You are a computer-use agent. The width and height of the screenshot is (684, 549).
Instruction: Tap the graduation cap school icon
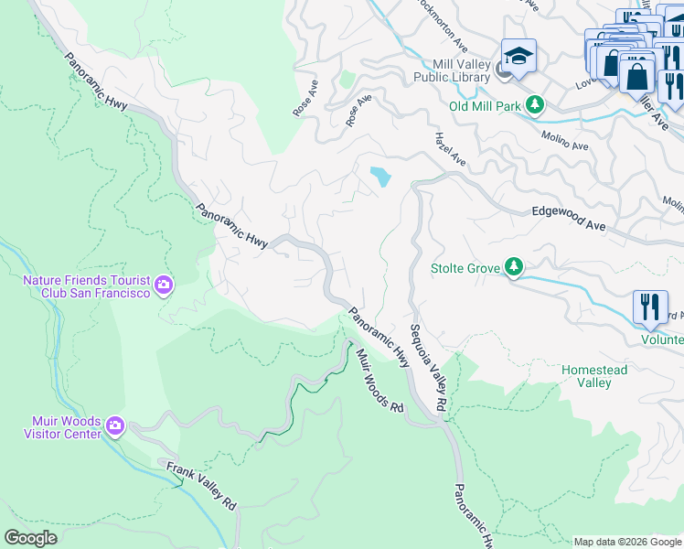[518, 55]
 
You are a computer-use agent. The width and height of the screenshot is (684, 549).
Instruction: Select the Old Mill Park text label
[484, 106]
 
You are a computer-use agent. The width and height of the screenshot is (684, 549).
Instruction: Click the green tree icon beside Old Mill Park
[534, 105]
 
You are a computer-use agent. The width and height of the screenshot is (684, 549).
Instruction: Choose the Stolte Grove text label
[465, 268]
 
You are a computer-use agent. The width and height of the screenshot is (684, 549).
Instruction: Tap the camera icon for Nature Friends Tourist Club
[164, 285]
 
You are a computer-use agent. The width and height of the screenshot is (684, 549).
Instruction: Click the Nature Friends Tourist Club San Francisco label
[85, 286]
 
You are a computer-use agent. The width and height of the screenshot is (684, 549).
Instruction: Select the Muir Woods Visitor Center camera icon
[115, 425]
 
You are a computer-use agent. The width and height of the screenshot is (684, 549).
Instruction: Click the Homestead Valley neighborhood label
[594, 376]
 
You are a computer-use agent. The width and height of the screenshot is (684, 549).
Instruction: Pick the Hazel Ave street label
[450, 148]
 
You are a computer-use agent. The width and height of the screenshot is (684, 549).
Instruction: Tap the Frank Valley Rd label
[201, 486]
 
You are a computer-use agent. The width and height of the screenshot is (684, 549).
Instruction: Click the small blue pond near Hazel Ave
[379, 176]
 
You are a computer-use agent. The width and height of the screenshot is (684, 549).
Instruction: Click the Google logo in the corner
[30, 538]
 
